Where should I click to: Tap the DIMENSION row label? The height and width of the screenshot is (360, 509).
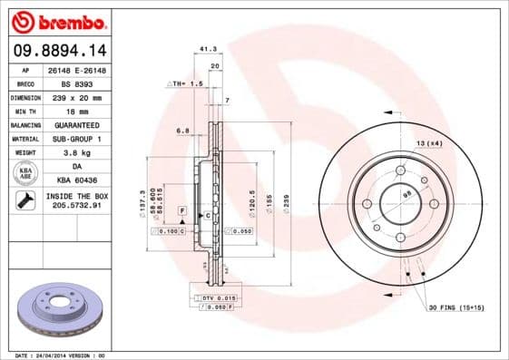pos(25,96)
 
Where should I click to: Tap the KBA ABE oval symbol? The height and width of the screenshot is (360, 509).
pos(26,173)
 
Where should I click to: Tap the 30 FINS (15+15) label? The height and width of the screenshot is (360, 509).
pos(456,308)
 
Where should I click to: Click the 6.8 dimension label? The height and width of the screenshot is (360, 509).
pos(182,131)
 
